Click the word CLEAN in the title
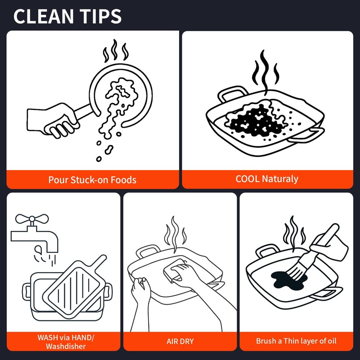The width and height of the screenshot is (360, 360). [43, 16]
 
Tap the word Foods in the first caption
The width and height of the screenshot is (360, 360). [123, 180]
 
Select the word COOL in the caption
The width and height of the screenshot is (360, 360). [247, 179]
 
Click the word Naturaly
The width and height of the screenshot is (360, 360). [280, 179]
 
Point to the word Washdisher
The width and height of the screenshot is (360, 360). [66, 346]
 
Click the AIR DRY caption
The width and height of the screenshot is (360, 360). [180, 342]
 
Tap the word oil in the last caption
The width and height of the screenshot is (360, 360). [332, 341]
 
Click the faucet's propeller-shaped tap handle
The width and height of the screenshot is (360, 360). [32, 219]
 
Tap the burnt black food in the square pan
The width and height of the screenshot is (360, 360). [255, 121]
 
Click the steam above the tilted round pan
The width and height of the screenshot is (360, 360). [115, 51]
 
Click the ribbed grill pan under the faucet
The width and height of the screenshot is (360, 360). [75, 288]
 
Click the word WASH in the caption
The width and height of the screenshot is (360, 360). [48, 337]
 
